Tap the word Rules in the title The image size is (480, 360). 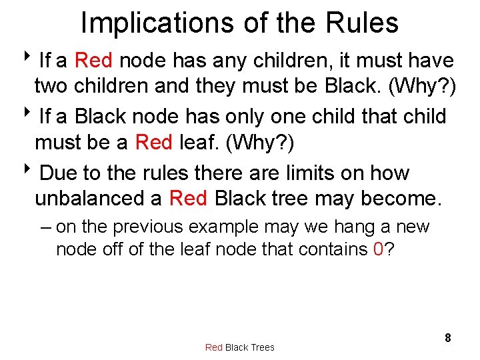(x=362, y=23)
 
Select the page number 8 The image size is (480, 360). (x=448, y=338)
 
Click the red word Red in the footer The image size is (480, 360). (x=214, y=347)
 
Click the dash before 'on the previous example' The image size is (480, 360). (x=45, y=227)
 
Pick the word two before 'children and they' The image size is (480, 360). (x=52, y=86)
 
